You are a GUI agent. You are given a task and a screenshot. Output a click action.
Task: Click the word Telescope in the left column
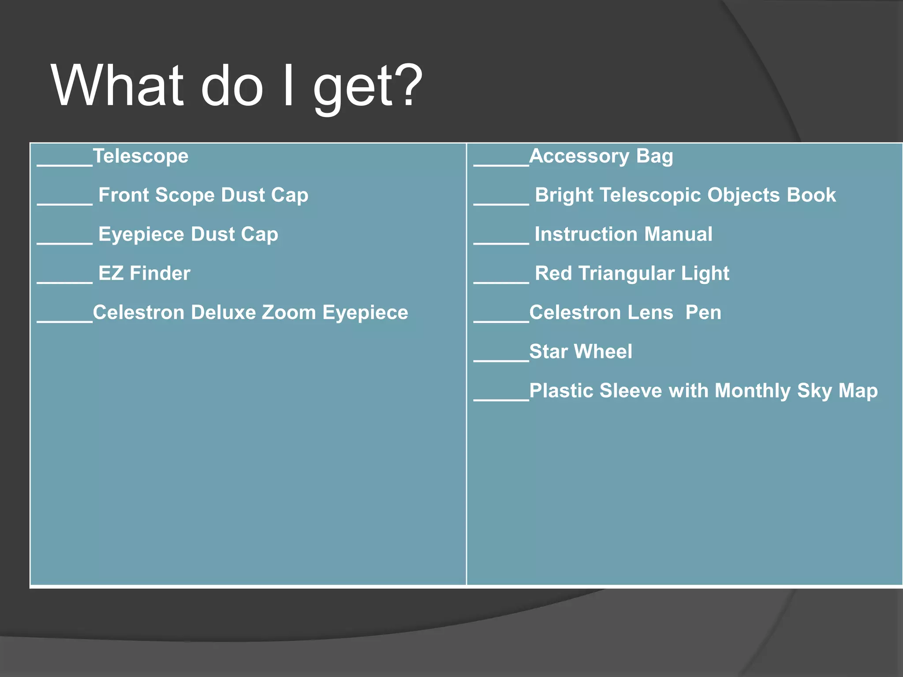[x=141, y=156]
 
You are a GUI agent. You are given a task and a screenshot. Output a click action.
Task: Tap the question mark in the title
[x=406, y=85]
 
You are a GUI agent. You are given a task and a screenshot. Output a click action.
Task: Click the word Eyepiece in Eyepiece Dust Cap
[x=141, y=234]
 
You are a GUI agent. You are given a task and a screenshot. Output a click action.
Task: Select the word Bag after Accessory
[x=654, y=156]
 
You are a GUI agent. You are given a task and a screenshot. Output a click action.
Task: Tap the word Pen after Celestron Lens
[x=703, y=312]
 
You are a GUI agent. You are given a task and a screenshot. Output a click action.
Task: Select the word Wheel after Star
[x=603, y=352]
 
